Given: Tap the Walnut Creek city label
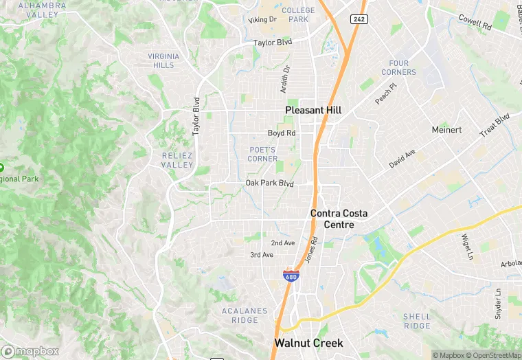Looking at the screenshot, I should [x=308, y=342].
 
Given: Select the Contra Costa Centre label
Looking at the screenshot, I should [x=339, y=219].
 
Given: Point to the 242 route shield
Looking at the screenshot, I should [x=358, y=19].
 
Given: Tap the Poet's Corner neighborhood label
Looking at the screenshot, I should [x=262, y=154].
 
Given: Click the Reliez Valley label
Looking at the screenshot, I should [x=177, y=160].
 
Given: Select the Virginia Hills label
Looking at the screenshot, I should [x=164, y=60].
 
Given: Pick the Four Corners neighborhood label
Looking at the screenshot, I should [x=398, y=67].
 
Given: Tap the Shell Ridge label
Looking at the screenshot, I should [x=417, y=321].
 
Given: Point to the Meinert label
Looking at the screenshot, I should [x=446, y=130].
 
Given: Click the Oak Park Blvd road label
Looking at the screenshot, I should [x=270, y=183].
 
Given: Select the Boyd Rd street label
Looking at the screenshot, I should [x=282, y=133].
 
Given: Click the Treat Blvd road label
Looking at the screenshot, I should [x=495, y=126].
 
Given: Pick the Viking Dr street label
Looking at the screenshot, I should [x=262, y=20].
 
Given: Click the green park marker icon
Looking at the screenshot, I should [x=1, y=167].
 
